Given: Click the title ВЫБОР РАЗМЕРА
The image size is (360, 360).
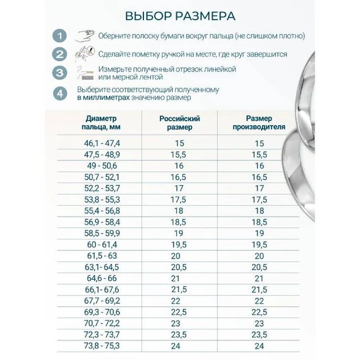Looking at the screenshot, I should coord(180,15).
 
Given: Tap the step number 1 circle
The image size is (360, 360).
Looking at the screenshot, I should coord(60,35).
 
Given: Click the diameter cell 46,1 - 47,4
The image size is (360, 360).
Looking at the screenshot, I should coord(102,144).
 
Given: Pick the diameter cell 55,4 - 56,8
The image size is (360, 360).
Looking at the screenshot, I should coord(102,210).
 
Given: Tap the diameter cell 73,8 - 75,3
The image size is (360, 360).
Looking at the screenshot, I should coord(102,345).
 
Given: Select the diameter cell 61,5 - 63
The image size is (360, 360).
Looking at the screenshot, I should coord(102,255).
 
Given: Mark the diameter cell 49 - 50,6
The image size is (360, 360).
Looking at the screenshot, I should coord(102,165).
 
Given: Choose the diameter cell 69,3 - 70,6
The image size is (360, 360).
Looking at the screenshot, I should coord(102,311).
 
